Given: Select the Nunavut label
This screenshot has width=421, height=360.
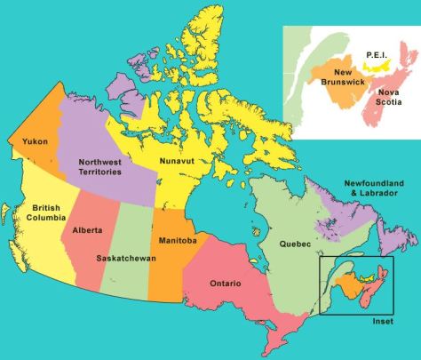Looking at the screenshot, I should click(x=177, y=160).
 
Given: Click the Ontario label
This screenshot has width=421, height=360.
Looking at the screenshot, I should click(x=227, y=284).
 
